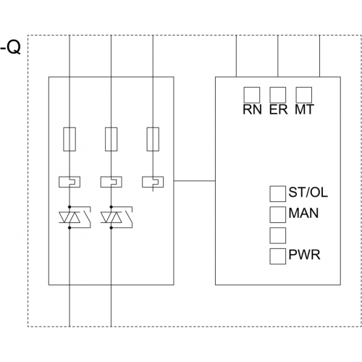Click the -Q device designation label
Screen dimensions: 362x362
coord(11,48)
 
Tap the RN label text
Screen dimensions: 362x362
coord(252,109)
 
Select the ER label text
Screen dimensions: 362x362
coord(279,109)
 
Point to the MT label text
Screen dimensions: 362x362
coord(304,109)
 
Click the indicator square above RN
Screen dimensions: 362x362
coord(252,95)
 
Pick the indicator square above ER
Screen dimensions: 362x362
coord(278,95)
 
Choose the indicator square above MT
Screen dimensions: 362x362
coord(304,95)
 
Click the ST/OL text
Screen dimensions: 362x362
coord(308,193)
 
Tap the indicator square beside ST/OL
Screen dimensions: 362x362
coord(278,194)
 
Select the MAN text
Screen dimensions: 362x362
coord(303,214)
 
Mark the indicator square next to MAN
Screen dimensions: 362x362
coord(278,214)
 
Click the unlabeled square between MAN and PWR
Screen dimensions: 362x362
coord(278,235)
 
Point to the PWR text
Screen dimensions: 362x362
coord(304,255)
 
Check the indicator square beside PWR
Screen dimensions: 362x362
coord(278,256)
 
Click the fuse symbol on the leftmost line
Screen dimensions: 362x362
coord(70,139)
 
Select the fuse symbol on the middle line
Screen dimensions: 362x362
coord(111,139)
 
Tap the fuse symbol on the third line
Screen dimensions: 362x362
coord(153,139)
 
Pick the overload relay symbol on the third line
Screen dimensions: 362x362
coord(153,182)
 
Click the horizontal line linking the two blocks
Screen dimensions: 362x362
coord(195,180)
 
